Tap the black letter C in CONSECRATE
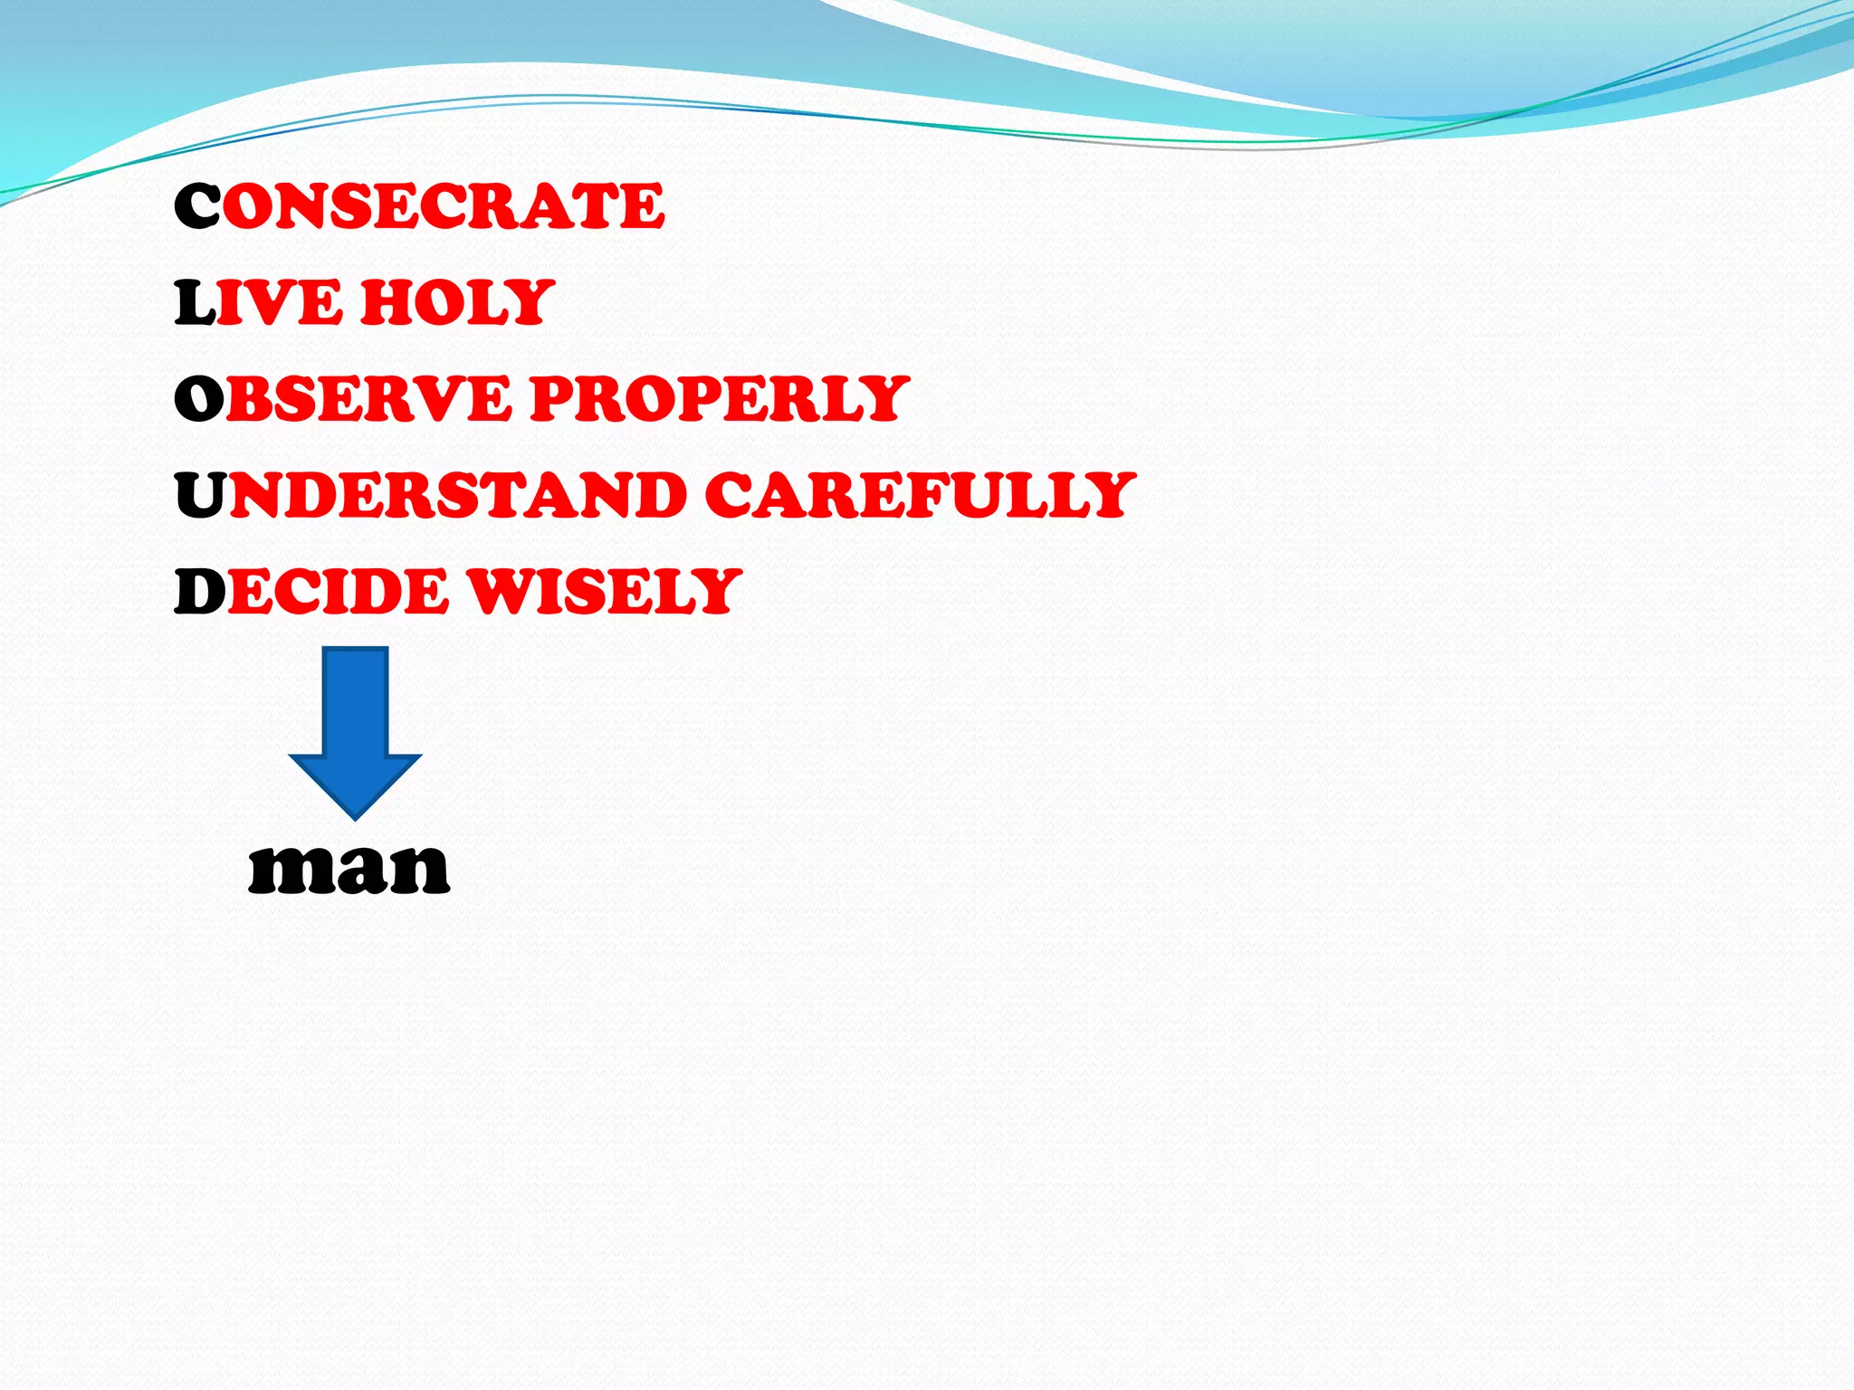197,205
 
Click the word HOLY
457,302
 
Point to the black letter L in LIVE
194,302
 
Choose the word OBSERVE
344,399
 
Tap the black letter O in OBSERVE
199,399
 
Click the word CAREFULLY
919,495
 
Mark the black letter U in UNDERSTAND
201,495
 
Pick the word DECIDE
312,592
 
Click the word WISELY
604,592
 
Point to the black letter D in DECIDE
199,592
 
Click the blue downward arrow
355,724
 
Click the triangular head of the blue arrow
355,782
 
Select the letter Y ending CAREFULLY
1107,495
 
